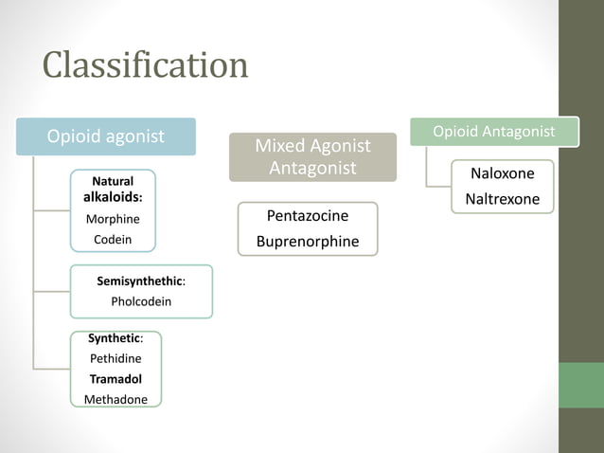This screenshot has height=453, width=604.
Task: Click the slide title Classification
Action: pos(146,65)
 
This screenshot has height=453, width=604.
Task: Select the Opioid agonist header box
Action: pos(106,136)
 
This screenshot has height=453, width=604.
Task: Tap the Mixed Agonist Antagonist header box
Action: pos(312,157)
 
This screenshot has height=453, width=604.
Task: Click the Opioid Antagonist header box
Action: pos(493,132)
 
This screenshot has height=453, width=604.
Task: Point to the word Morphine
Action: pos(112,219)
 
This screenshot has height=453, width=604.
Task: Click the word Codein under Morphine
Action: pos(112,240)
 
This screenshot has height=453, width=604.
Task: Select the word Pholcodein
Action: pos(141,302)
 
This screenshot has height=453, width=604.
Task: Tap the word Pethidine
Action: pos(115,358)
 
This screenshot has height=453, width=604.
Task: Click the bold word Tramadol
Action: pos(115,378)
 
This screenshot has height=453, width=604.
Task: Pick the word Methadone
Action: pos(115,399)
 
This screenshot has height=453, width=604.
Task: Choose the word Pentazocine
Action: pos(308,217)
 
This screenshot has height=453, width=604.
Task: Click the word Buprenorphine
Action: pos(308,242)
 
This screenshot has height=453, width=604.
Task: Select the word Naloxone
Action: pos(502,173)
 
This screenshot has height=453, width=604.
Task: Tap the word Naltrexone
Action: pos(502,199)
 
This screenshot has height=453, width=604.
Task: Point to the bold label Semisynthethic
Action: pos(139,281)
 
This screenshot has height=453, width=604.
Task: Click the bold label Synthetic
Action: pos(113,337)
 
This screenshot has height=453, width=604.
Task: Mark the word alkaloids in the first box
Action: pos(111,198)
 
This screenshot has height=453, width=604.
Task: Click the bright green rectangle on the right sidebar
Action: pos(581,385)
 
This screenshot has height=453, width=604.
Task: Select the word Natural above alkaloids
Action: pos(112,180)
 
